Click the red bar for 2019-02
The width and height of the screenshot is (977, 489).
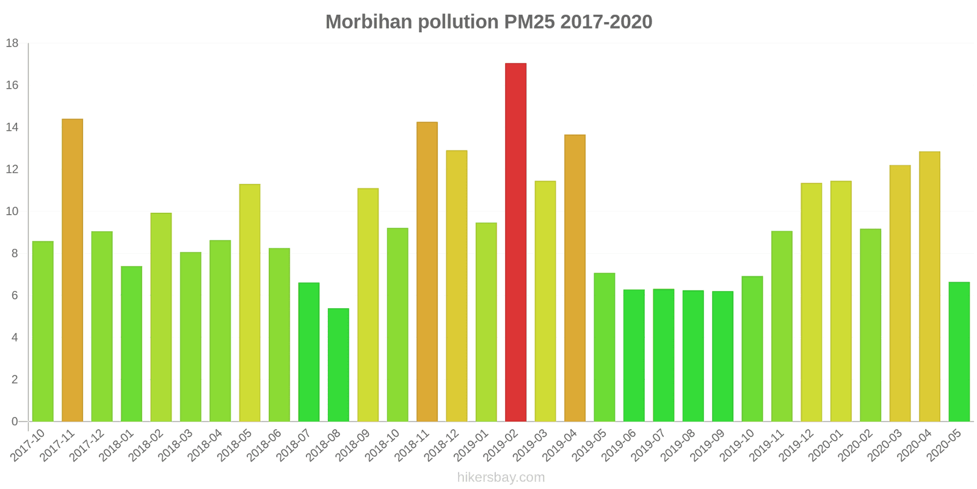pyautogui.click(x=515, y=242)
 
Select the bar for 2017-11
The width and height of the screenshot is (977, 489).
pyautogui.click(x=72, y=270)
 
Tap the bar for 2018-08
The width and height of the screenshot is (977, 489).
pyautogui.click(x=338, y=365)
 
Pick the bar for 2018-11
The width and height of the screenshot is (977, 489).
pyautogui.click(x=427, y=271)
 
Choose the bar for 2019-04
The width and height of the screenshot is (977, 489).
pyautogui.click(x=575, y=278)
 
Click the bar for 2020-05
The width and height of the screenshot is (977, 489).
pyautogui.click(x=959, y=351)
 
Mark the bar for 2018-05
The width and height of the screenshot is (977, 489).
pyautogui.click(x=250, y=303)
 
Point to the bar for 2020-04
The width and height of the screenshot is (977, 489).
pyautogui.click(x=929, y=286)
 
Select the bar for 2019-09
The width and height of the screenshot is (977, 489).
pyautogui.click(x=722, y=356)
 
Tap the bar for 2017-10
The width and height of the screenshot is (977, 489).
pyautogui.click(x=43, y=331)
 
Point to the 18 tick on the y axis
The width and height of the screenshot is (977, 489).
pyautogui.click(x=12, y=43)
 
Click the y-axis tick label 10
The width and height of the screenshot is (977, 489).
pyautogui.click(x=12, y=211)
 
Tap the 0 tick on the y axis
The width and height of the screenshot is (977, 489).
pyautogui.click(x=15, y=421)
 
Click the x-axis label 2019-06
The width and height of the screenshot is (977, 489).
pyautogui.click(x=619, y=445)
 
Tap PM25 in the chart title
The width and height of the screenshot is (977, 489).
pyautogui.click(x=529, y=22)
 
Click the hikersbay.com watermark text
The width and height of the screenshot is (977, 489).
pyautogui.click(x=501, y=477)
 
